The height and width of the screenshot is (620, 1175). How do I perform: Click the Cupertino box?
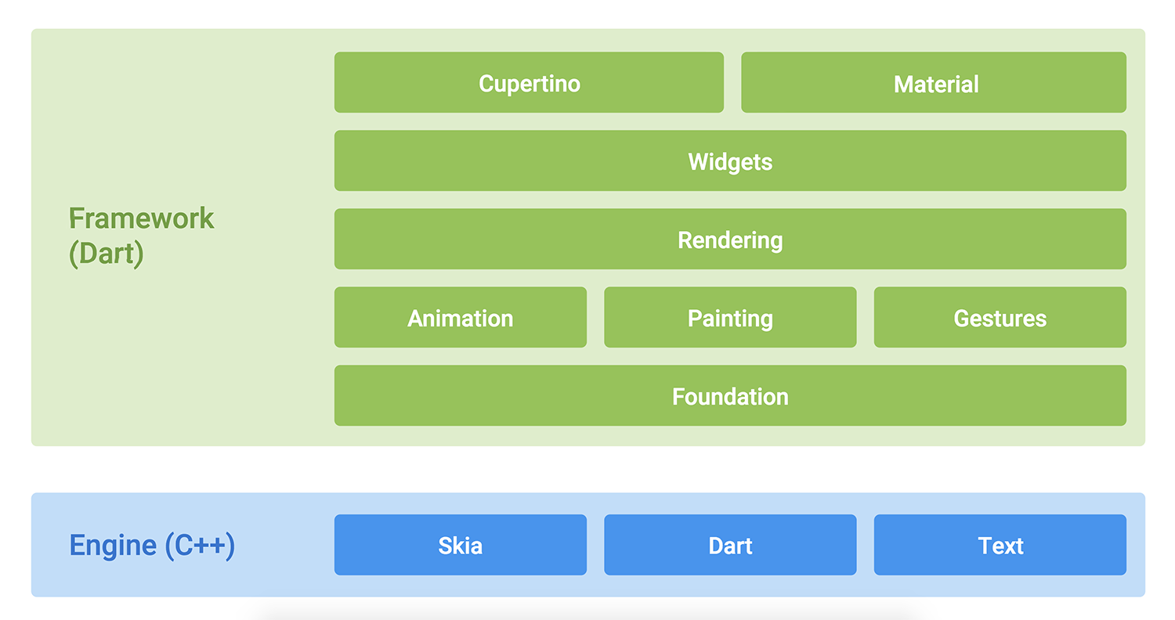click(x=529, y=82)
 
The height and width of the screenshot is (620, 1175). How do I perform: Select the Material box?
click(x=934, y=82)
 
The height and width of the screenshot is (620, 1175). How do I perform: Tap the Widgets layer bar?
click(x=730, y=160)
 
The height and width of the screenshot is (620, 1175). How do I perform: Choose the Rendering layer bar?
click(x=730, y=239)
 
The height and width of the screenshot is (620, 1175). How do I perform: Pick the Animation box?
click(x=461, y=317)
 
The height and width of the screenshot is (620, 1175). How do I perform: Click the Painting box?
click(x=730, y=317)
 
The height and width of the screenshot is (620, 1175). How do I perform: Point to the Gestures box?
click(x=1000, y=317)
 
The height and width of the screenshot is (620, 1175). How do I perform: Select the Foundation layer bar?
click(x=730, y=395)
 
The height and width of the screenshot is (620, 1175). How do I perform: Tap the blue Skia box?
click(x=461, y=545)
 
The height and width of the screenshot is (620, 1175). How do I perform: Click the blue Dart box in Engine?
click(x=730, y=545)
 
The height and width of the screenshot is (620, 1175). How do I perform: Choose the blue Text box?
click(x=1000, y=545)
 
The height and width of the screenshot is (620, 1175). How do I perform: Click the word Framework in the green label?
click(x=141, y=218)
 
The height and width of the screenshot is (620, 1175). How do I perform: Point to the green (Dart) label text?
click(x=107, y=254)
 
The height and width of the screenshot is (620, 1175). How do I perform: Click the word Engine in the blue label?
click(x=113, y=546)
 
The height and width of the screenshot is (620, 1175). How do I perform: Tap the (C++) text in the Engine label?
click(x=200, y=546)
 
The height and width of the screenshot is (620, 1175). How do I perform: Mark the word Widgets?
click(x=730, y=162)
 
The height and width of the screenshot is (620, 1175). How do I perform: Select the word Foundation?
click(x=730, y=397)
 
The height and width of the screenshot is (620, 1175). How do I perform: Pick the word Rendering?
click(x=730, y=240)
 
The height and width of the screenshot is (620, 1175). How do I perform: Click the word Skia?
click(x=461, y=546)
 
